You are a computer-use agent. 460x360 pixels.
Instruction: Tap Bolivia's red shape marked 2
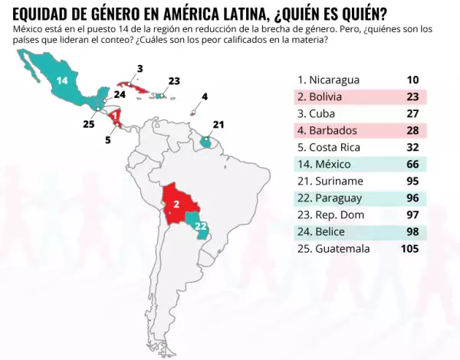(176, 205)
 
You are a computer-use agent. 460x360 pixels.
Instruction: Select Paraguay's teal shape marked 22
(201, 227)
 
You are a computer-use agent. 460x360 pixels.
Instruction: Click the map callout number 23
(174, 80)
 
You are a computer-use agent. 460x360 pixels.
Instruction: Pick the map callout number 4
(205, 97)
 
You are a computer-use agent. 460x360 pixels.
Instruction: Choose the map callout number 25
(89, 123)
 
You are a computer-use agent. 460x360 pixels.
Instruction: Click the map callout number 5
(108, 140)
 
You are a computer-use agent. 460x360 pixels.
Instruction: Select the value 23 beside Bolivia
(412, 97)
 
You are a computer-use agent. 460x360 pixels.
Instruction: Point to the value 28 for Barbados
(412, 130)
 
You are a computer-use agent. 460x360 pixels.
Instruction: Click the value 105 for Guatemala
(410, 248)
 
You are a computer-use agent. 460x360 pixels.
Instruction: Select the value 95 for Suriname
(412, 181)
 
